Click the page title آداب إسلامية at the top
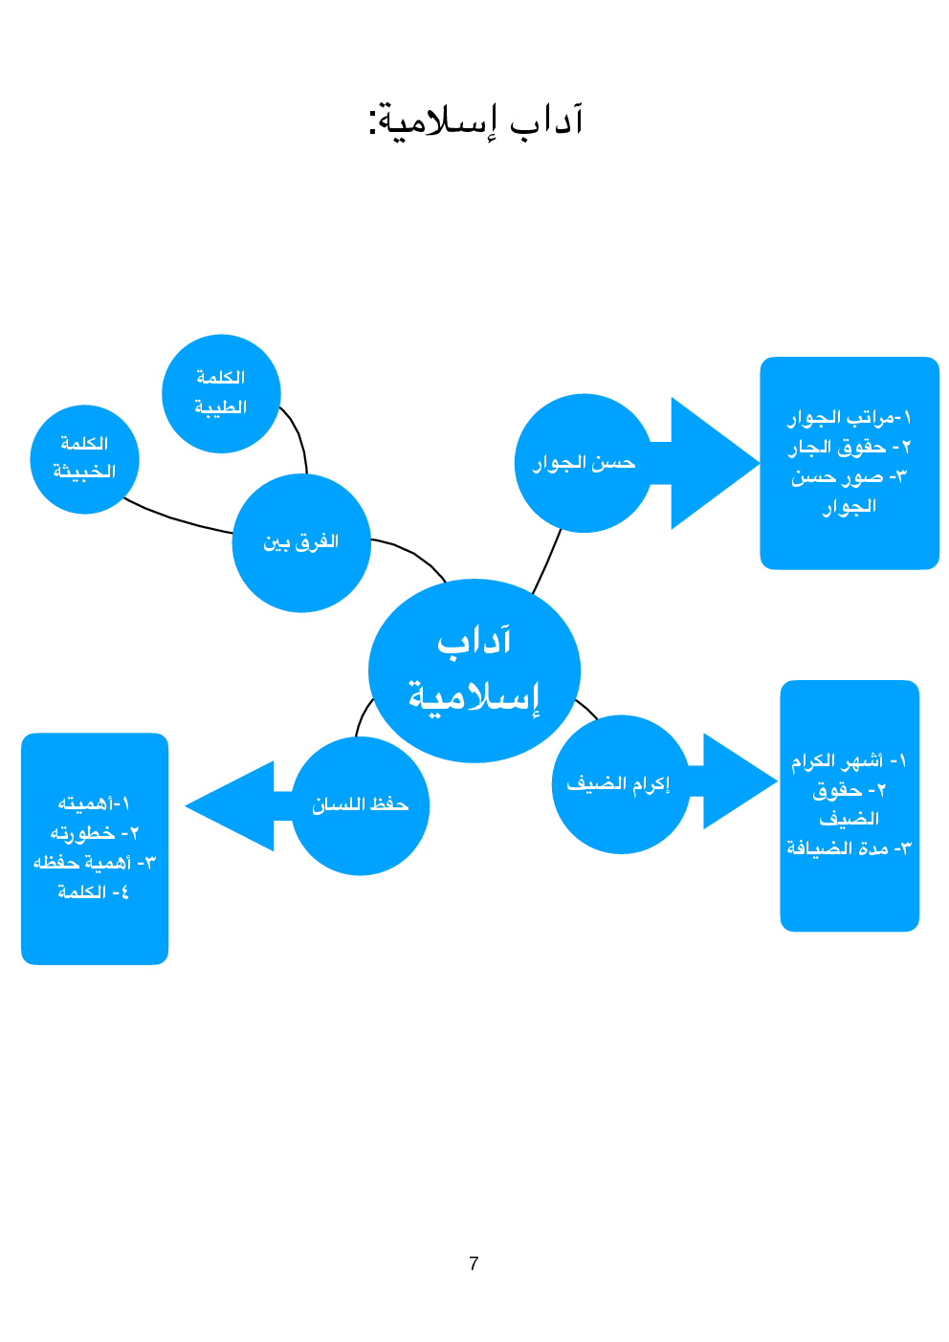tap(475, 121)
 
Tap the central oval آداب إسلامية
tap(474, 671)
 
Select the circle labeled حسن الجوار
tap(583, 463)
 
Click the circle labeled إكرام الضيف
tap(620, 784)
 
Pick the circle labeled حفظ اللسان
tap(360, 805)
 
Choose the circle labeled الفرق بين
tap(301, 542)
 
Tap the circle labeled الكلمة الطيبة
tap(221, 393)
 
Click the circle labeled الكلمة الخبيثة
tap(84, 458)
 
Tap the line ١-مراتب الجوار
tap(849, 417)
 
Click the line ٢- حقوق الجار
tap(849, 447)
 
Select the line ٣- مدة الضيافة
tap(849, 848)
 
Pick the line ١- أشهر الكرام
tap(849, 761)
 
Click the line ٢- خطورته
tap(94, 833)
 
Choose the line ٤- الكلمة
tap(94, 892)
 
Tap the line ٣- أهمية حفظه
tap(94, 863)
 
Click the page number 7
tap(474, 1264)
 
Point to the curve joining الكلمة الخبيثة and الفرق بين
tap(177, 519)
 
